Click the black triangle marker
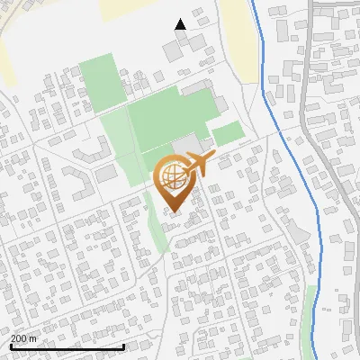181,24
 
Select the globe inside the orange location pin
172,176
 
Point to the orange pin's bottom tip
173,211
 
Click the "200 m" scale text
23,338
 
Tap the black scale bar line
67,346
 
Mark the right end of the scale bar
123,346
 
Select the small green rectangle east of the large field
229,134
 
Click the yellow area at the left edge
4,63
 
